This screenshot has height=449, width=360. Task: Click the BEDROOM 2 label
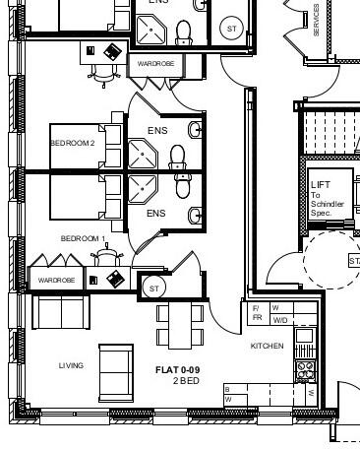(x=73, y=144)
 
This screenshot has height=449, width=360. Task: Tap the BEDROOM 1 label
(x=83, y=238)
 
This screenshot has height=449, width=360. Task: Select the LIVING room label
(x=71, y=365)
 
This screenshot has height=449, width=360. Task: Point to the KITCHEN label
(x=267, y=347)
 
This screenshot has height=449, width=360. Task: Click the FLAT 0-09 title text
(x=177, y=370)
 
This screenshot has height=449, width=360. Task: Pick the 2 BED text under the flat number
(x=186, y=381)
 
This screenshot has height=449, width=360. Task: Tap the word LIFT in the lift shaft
(x=321, y=185)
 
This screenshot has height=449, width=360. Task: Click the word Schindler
(x=328, y=204)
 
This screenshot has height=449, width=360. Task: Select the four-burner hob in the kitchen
(x=305, y=370)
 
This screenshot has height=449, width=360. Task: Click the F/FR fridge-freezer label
(x=257, y=314)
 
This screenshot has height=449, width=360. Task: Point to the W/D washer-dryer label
(x=280, y=320)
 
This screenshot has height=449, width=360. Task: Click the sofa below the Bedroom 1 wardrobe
(x=62, y=311)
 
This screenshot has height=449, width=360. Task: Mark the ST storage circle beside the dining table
(x=153, y=288)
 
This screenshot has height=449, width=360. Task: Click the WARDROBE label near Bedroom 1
(x=56, y=281)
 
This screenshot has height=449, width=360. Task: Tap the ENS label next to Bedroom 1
(x=156, y=214)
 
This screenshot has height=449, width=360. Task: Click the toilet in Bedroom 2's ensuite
(x=177, y=157)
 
